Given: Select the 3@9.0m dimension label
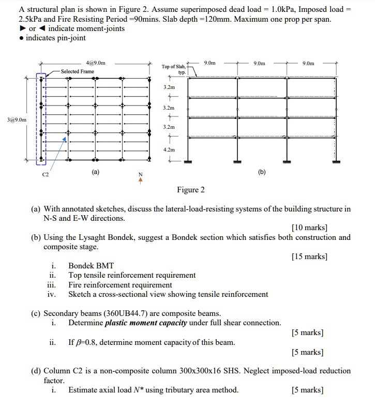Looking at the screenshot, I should coord(13,120).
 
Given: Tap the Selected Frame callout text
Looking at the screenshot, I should coord(78,71).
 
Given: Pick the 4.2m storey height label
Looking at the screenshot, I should coord(169,150).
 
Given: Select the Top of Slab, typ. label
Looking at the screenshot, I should coord(173,69).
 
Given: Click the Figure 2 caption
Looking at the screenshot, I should coord(190,190).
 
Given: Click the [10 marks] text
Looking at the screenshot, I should coord(309,228).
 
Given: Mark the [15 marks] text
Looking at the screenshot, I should coord(309,256).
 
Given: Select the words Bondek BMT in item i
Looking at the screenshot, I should coord(91,266).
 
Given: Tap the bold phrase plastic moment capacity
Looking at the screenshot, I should coord(146,323).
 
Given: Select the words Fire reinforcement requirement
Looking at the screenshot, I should coord(120,285).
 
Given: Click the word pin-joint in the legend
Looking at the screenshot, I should coord(71,38).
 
